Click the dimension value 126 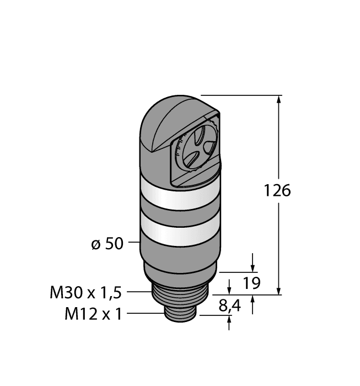pyautogui.click(x=277, y=191)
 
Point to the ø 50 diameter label pyautogui.click(x=107, y=243)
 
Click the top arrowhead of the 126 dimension pyautogui.click(x=279, y=100)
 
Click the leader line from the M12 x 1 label pyautogui.click(x=144, y=314)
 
